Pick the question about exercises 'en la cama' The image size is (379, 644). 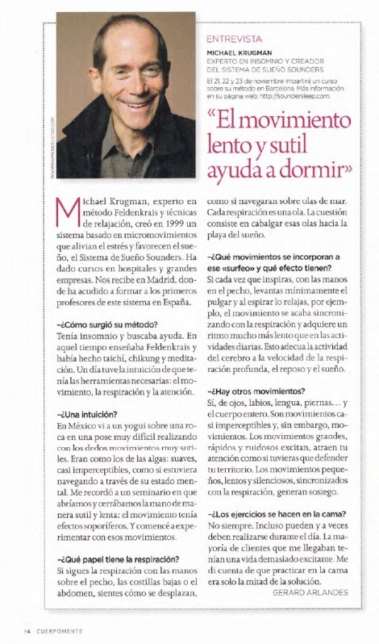click(277, 514)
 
